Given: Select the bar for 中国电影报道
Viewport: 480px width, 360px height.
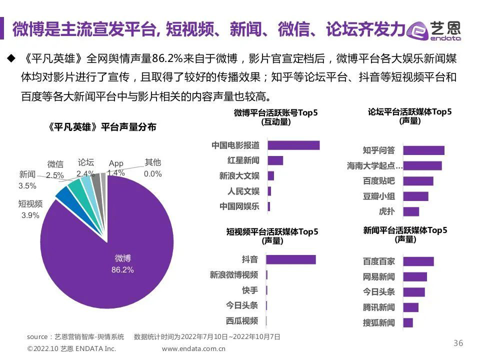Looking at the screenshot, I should point(293,145).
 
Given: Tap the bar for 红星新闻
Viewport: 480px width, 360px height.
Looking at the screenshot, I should point(275,160).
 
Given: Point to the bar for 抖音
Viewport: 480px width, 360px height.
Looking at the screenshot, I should point(290,259).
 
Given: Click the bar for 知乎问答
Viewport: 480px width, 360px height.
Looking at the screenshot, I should point(423,150).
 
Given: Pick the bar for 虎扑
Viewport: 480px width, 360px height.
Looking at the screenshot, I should point(411,211).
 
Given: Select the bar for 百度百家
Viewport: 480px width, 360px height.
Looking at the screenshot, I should point(418,261).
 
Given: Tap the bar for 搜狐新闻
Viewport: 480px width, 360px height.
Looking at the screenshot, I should point(408,322).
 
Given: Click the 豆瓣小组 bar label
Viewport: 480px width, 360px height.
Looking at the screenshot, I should point(378,196).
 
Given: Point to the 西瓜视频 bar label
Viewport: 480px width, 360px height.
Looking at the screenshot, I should point(242,320).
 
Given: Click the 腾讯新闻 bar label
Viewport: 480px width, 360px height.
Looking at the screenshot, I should point(378,307).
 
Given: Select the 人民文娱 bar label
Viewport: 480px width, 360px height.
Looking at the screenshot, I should point(243,191).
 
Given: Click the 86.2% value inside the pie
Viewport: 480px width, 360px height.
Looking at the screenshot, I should point(122,270).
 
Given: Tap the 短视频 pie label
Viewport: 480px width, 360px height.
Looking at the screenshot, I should point(30,203).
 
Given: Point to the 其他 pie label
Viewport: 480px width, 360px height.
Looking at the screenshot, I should point(153,162).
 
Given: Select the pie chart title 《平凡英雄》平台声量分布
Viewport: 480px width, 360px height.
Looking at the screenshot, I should point(102,127).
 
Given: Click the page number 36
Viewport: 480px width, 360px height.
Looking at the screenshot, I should point(458,343).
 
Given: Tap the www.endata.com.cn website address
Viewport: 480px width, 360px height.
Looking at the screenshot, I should point(193,348).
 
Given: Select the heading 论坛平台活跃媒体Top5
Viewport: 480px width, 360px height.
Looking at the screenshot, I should point(409,112).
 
